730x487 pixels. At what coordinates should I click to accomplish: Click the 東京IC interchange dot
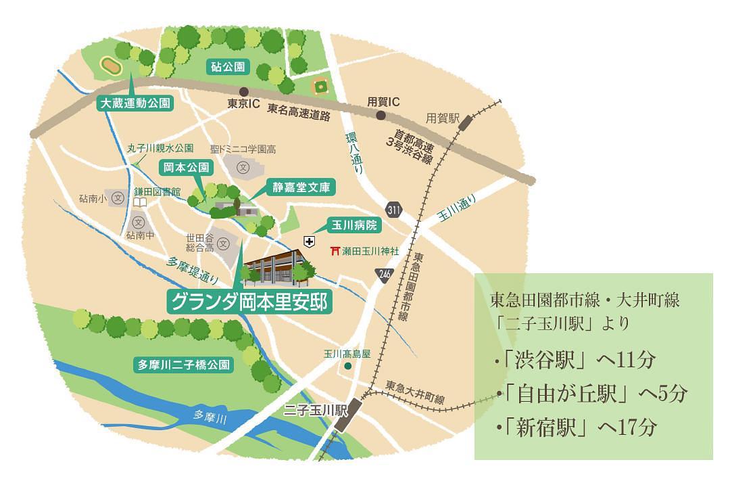[243, 91]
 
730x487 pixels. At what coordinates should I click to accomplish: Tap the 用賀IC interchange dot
[381, 116]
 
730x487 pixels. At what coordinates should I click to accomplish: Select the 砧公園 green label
[226, 67]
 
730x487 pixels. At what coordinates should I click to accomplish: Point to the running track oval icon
[110, 65]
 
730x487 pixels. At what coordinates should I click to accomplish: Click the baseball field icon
[320, 86]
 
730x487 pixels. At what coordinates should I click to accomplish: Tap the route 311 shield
[394, 209]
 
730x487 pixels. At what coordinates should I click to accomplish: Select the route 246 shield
[383, 273]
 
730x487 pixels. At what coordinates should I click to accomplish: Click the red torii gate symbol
[335, 251]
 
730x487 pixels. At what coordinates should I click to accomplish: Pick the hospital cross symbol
[309, 241]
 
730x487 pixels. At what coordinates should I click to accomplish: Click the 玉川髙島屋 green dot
[347, 366]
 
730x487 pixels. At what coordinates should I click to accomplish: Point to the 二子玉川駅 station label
[315, 411]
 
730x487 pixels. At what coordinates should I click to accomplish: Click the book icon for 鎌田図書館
[140, 202]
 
